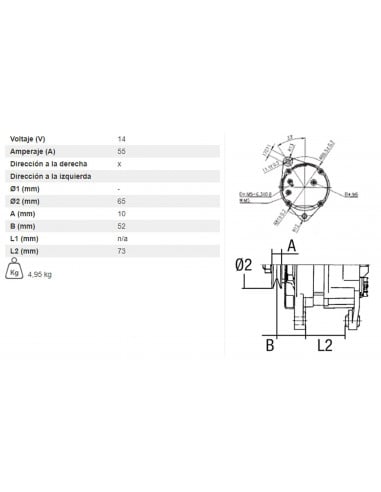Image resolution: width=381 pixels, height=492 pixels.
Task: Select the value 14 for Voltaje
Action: point(122,138)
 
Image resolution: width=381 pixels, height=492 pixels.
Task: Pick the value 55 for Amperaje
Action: point(122,150)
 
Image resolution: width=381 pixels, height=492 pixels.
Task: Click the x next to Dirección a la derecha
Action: point(120,162)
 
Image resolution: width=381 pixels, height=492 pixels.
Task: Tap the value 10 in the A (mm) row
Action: point(122,213)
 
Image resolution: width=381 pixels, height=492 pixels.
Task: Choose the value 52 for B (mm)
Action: point(122,226)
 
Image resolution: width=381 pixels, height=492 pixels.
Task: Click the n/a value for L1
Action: point(123,238)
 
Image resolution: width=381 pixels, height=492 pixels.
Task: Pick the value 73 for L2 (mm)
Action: point(122,251)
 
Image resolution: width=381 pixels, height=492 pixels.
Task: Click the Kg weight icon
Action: point(14,270)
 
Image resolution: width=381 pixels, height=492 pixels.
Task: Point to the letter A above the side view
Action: point(292,243)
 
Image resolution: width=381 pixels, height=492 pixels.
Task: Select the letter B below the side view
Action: point(269,346)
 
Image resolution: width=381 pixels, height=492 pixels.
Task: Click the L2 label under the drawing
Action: point(325,346)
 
